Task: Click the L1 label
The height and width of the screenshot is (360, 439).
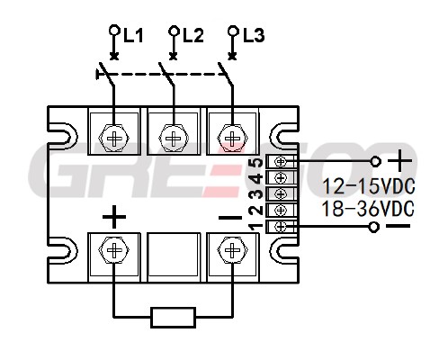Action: pyautogui.click(x=133, y=36)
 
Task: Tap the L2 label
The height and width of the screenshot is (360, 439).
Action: pyautogui.click(x=193, y=35)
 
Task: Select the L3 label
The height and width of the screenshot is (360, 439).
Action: pyautogui.click(x=254, y=35)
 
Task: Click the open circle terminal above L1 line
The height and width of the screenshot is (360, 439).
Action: pyautogui.click(x=114, y=30)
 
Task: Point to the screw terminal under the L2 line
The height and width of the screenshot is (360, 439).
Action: pyautogui.click(x=174, y=139)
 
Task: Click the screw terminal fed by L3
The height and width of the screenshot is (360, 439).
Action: pyautogui.click(x=232, y=139)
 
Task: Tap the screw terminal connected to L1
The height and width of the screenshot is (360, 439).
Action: pyautogui.click(x=114, y=139)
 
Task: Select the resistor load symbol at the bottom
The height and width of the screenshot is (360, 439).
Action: pyautogui.click(x=174, y=317)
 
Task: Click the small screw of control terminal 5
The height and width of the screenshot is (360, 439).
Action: pyautogui.click(x=281, y=162)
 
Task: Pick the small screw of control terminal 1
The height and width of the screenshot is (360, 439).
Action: pyautogui.click(x=281, y=227)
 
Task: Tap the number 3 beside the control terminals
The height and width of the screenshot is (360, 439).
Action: pyautogui.click(x=256, y=194)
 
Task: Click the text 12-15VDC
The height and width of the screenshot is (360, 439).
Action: pyautogui.click(x=369, y=186)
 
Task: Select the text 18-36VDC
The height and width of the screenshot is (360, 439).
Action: pyautogui.click(x=368, y=209)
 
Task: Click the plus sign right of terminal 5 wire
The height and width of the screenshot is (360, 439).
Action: pyautogui.click(x=399, y=161)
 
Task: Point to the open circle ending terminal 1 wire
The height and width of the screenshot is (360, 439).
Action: pyautogui.click(x=373, y=227)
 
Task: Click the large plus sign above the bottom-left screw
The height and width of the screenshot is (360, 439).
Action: pyautogui.click(x=114, y=217)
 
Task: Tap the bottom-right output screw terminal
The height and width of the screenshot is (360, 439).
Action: pyautogui.click(x=232, y=251)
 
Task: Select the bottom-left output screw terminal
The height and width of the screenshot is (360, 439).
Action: pyautogui.click(x=114, y=251)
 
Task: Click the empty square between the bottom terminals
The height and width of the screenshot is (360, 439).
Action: pyautogui.click(x=174, y=255)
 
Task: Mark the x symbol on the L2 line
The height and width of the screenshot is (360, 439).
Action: pyautogui.click(x=173, y=57)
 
